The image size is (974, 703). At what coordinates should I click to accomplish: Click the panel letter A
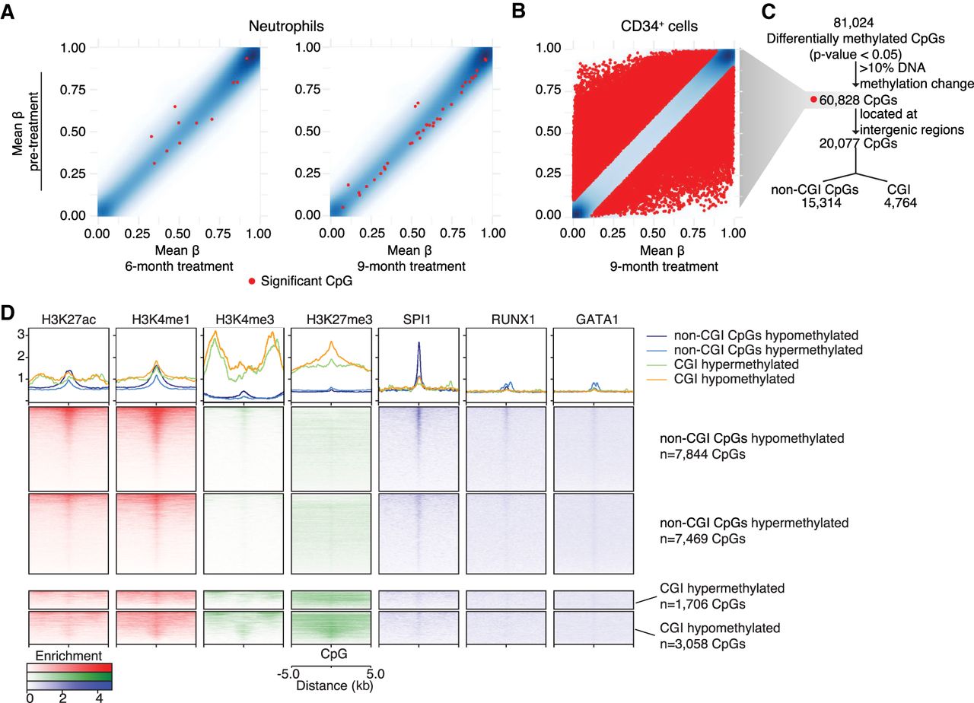(x=8, y=11)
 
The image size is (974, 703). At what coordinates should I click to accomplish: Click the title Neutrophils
(x=286, y=26)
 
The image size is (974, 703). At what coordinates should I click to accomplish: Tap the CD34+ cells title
(x=659, y=26)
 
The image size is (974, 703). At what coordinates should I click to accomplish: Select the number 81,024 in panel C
(x=854, y=23)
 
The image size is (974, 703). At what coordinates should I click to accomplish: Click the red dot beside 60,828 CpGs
(x=813, y=100)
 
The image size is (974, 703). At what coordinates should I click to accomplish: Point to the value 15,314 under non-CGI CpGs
(x=821, y=202)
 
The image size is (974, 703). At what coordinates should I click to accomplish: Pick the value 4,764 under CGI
(x=900, y=202)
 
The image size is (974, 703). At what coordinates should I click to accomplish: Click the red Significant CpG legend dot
(x=251, y=282)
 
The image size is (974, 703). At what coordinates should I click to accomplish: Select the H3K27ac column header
(x=68, y=320)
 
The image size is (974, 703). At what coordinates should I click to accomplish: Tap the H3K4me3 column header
(x=245, y=320)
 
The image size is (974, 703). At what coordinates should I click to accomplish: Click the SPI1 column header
(x=416, y=320)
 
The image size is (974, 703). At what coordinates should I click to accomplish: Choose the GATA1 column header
(x=597, y=320)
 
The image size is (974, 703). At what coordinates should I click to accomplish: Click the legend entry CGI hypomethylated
(x=734, y=379)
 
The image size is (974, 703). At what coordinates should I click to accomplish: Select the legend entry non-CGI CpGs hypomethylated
(x=766, y=336)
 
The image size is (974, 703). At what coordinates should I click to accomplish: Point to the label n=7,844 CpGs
(x=702, y=454)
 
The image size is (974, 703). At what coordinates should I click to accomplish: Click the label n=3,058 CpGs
(x=702, y=644)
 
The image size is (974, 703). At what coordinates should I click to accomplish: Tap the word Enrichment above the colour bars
(x=68, y=656)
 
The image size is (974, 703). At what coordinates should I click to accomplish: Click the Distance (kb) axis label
(x=334, y=686)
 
